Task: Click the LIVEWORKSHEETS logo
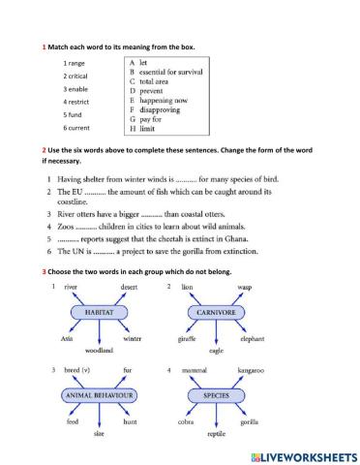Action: (x=296, y=455)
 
